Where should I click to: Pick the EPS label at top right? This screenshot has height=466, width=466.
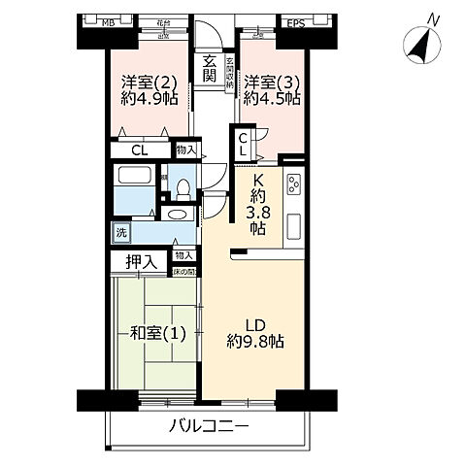[x=295, y=21]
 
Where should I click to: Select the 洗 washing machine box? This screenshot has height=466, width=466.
[x=120, y=232]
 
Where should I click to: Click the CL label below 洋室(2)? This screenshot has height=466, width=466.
[x=138, y=150]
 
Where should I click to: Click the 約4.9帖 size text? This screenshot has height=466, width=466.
[x=144, y=99]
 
